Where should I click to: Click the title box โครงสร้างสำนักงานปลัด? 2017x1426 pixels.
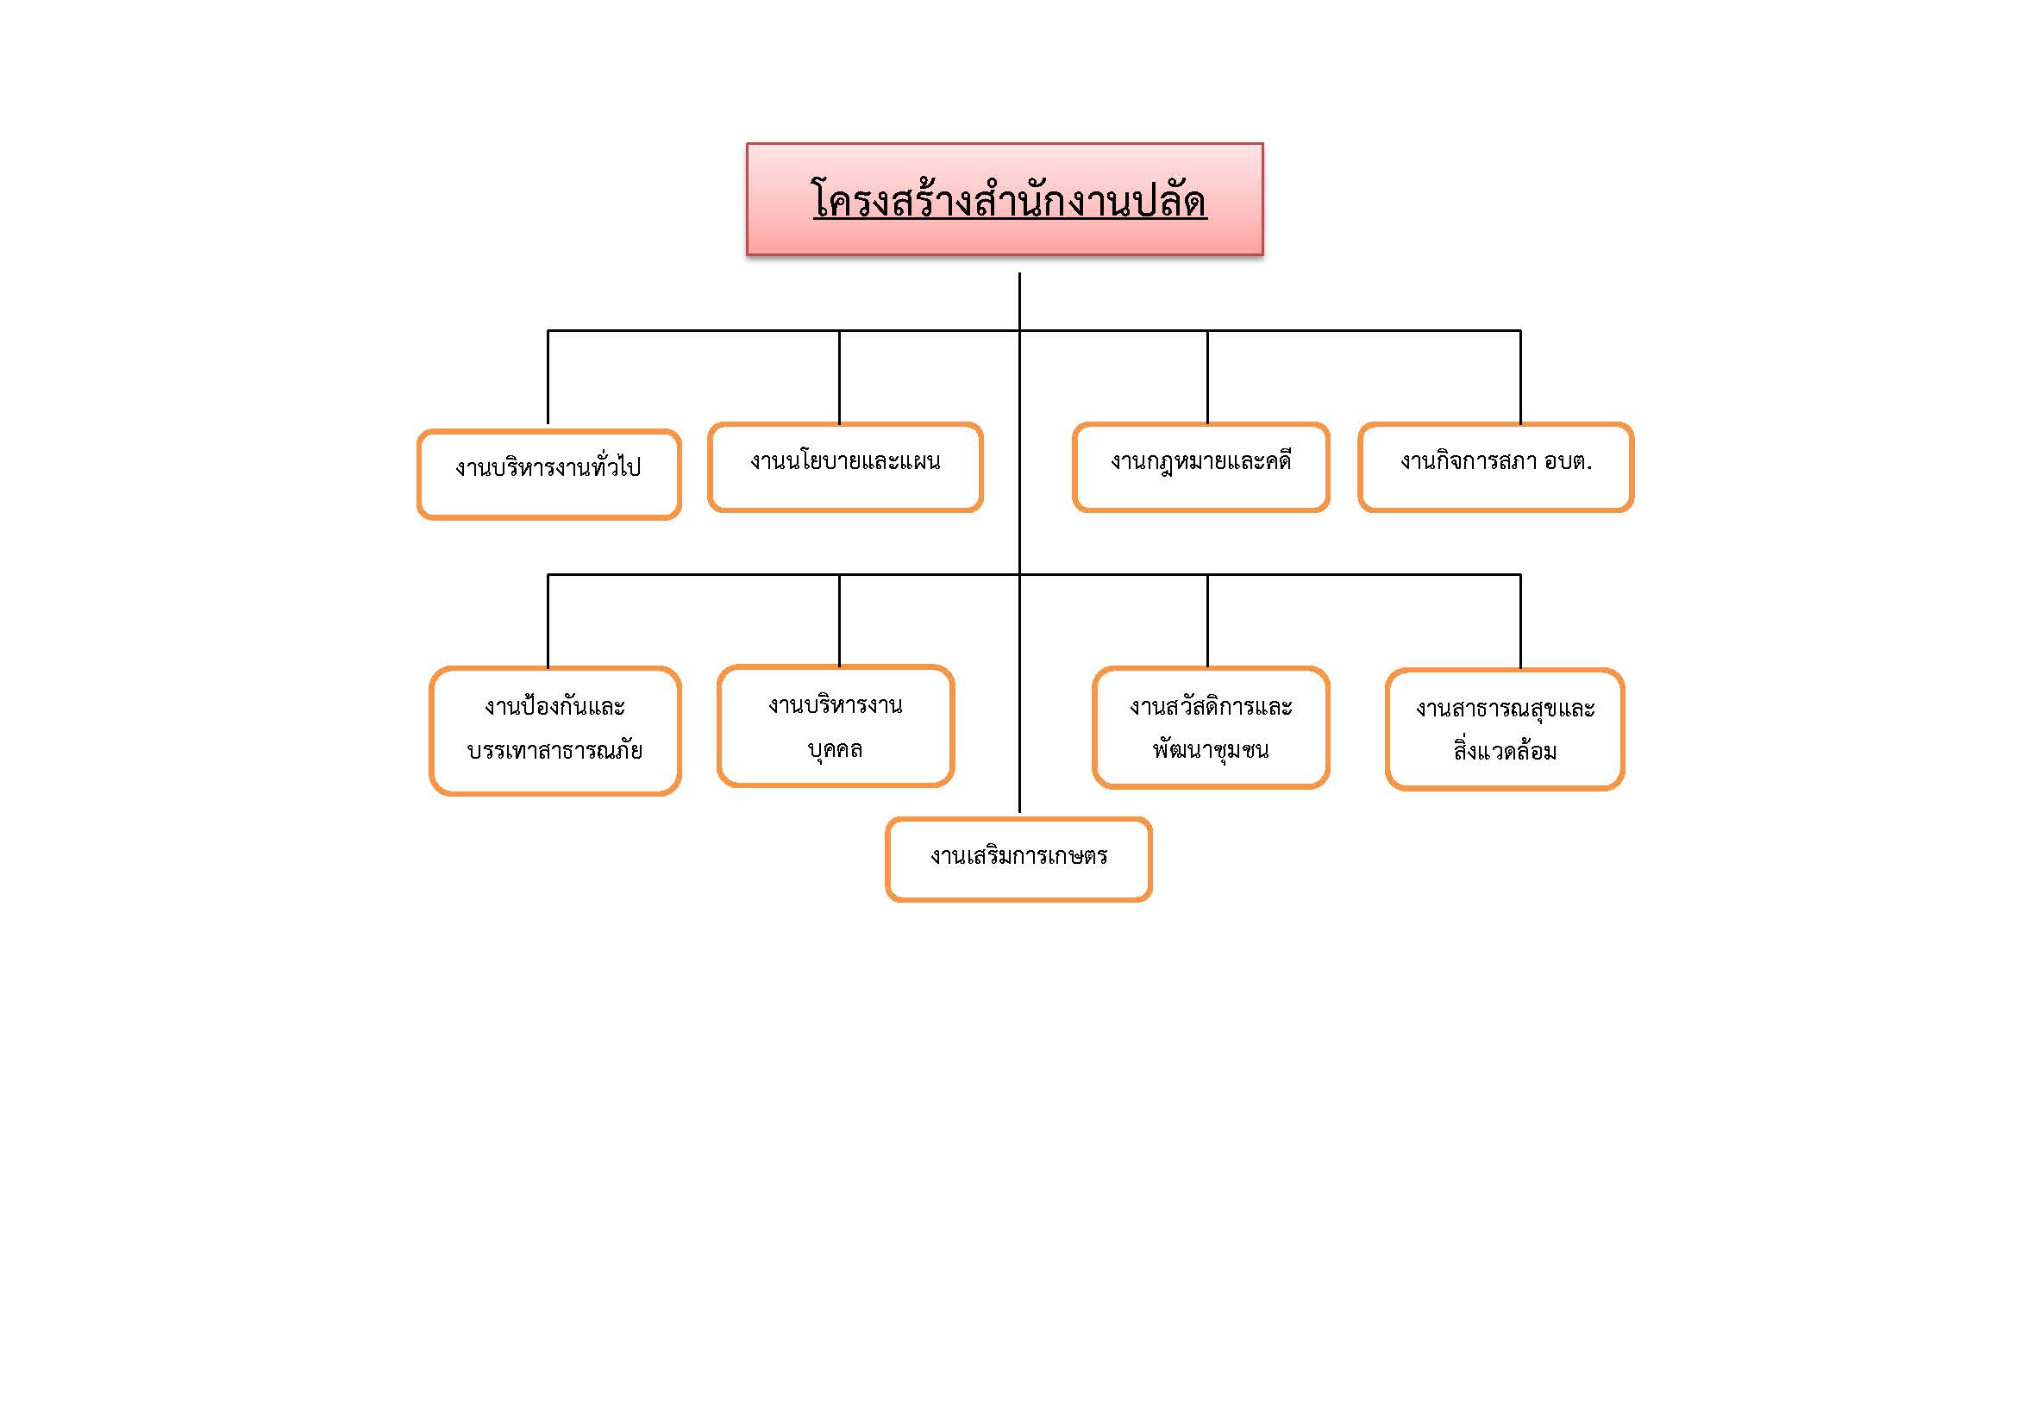1005,199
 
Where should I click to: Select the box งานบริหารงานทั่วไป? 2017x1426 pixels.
549,474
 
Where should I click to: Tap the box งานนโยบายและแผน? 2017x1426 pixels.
845,467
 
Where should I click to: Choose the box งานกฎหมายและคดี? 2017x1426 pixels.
1201,467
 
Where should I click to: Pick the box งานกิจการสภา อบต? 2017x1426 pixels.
1496,467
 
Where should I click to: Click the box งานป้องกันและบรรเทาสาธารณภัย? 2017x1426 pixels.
555,730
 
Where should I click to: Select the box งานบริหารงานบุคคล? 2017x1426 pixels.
836,725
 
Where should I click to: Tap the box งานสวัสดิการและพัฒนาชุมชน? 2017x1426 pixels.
1211,727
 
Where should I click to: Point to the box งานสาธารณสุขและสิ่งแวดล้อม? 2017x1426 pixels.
1505,729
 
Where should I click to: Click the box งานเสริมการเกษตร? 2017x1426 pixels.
1019,859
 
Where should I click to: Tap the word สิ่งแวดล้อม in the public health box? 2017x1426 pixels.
1505,750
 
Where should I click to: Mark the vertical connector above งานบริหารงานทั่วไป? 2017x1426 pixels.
548,378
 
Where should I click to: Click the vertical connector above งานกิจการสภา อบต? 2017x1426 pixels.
1520,378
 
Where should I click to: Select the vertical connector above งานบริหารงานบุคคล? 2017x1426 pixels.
839,621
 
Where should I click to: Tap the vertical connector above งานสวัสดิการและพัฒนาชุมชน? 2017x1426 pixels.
1208,621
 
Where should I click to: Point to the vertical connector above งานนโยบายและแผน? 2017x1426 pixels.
839,378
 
